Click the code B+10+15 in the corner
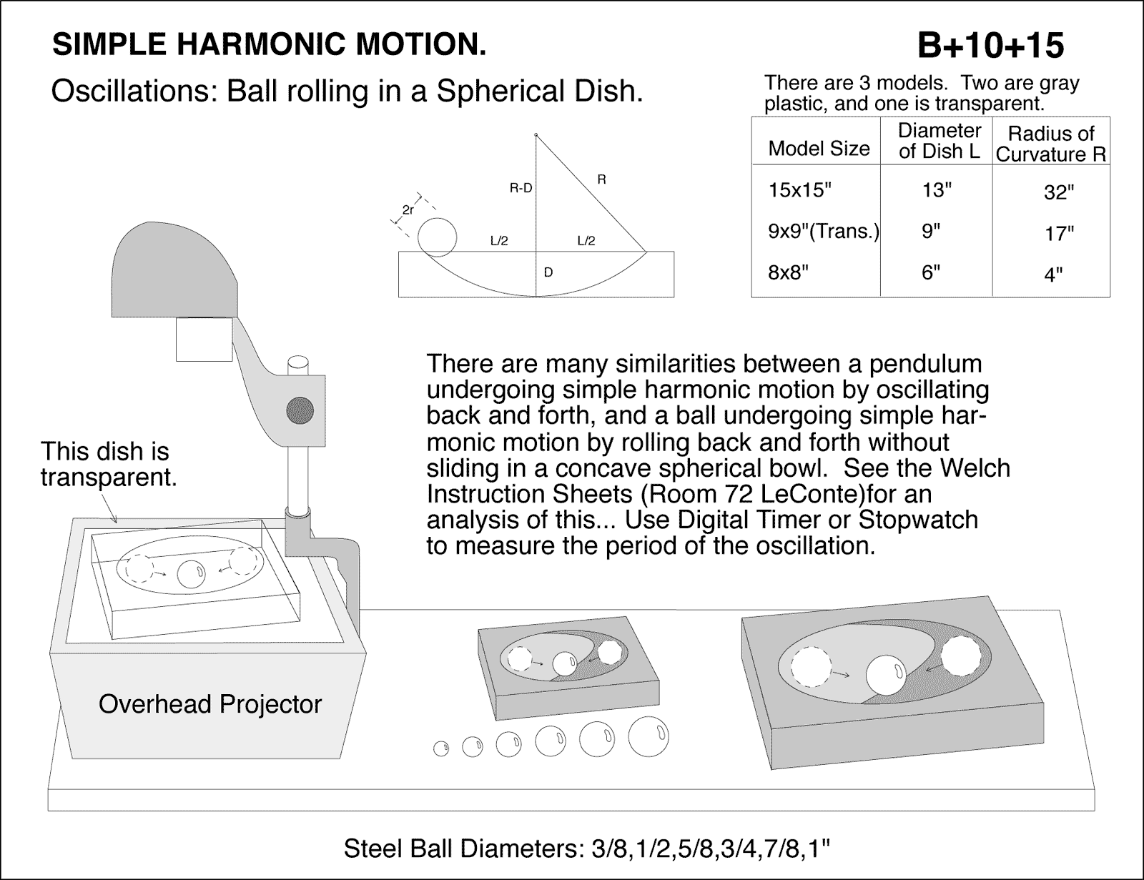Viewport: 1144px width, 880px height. pyautogui.click(x=990, y=46)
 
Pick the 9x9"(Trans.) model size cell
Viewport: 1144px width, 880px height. pyautogui.click(x=823, y=232)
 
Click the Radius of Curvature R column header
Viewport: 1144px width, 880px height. pyautogui.click(x=1051, y=144)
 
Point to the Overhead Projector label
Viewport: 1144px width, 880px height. pyautogui.click(x=210, y=704)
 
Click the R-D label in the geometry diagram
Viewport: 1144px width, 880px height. pyautogui.click(x=521, y=189)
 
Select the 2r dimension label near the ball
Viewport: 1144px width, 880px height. pyautogui.click(x=408, y=210)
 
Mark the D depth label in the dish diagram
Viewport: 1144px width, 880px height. pyautogui.click(x=548, y=272)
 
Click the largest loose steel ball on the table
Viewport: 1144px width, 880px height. pyautogui.click(x=649, y=737)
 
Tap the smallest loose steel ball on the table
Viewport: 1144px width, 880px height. pyautogui.click(x=441, y=748)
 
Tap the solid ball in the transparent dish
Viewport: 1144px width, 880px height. pyautogui.click(x=191, y=573)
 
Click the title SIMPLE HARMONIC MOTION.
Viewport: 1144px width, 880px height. pyautogui.click(x=270, y=45)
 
